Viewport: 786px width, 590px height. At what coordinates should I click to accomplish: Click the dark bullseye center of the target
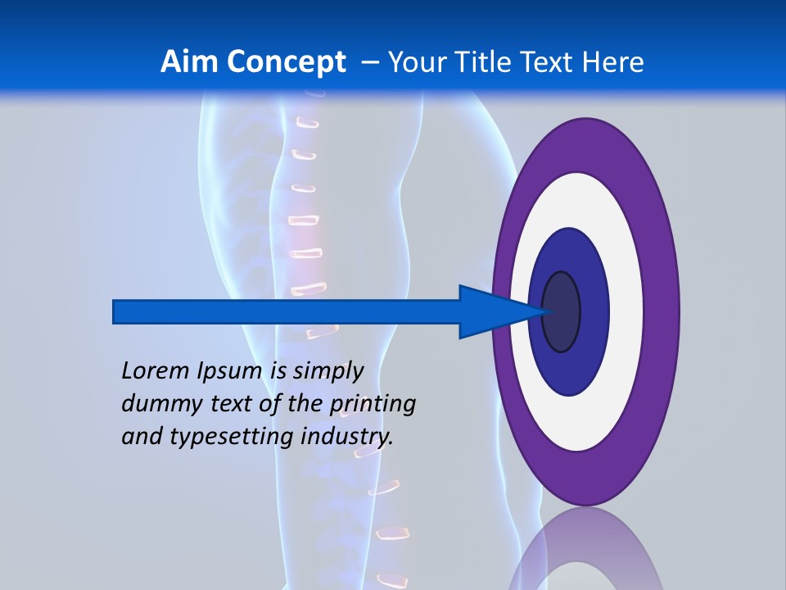coord(562,312)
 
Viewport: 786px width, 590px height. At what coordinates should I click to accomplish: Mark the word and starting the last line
coord(141,437)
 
